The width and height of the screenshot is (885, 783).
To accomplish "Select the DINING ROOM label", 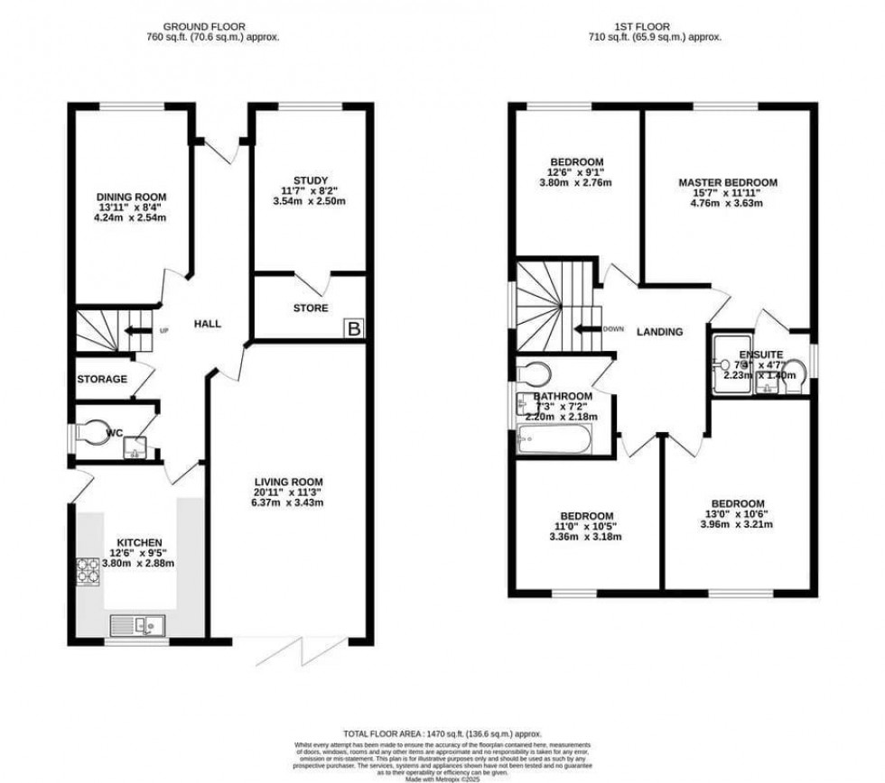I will click(132, 196).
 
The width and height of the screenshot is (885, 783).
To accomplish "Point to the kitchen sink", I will click(136, 623).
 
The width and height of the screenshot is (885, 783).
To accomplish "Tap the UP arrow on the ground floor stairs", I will click(137, 330).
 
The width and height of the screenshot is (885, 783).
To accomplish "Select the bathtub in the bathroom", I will click(552, 442).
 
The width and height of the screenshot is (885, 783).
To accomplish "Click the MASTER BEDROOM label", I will click(728, 182).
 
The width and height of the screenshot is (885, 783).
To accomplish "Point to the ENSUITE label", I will click(760, 355).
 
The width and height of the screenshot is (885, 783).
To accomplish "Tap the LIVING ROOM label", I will click(288, 481).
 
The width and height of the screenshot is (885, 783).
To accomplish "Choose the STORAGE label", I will click(102, 379).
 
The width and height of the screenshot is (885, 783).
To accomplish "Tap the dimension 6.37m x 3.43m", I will click(288, 502).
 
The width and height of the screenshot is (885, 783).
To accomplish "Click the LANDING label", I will click(659, 332).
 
